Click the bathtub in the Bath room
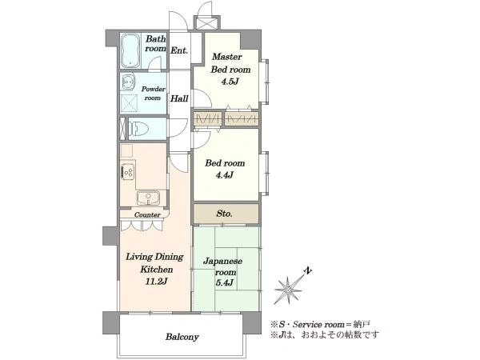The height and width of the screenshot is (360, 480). pos(130,50)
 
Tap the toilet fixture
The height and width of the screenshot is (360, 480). pos(138,129)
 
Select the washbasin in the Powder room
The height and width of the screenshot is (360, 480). pos(128,82)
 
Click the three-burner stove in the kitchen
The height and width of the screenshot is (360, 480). pos(128,173)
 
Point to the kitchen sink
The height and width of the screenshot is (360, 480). pos(149,198)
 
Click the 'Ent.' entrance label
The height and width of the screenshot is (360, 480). pos(179,50)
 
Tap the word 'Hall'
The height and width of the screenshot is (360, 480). pos(179,98)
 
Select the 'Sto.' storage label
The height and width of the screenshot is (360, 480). pos(224,214)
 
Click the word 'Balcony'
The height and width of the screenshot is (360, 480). pos(182,337)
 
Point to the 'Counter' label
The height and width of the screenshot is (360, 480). pos(147,214)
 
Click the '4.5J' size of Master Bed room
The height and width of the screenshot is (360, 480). pos(229,82)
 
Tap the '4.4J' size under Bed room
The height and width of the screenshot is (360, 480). pos(224,175)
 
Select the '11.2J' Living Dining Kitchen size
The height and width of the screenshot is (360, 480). pos(156,282)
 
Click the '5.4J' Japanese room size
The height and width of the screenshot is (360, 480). pos(225,282)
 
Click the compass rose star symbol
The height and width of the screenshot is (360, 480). pos(288,290)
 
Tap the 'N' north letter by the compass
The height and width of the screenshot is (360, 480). pos(308,270)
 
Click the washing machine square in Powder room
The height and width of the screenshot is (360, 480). pos(129,103)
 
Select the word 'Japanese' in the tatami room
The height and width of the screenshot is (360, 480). pos(223,262)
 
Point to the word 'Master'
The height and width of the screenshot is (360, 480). pos(227,57)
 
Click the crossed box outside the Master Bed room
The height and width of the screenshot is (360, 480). pos(206,23)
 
